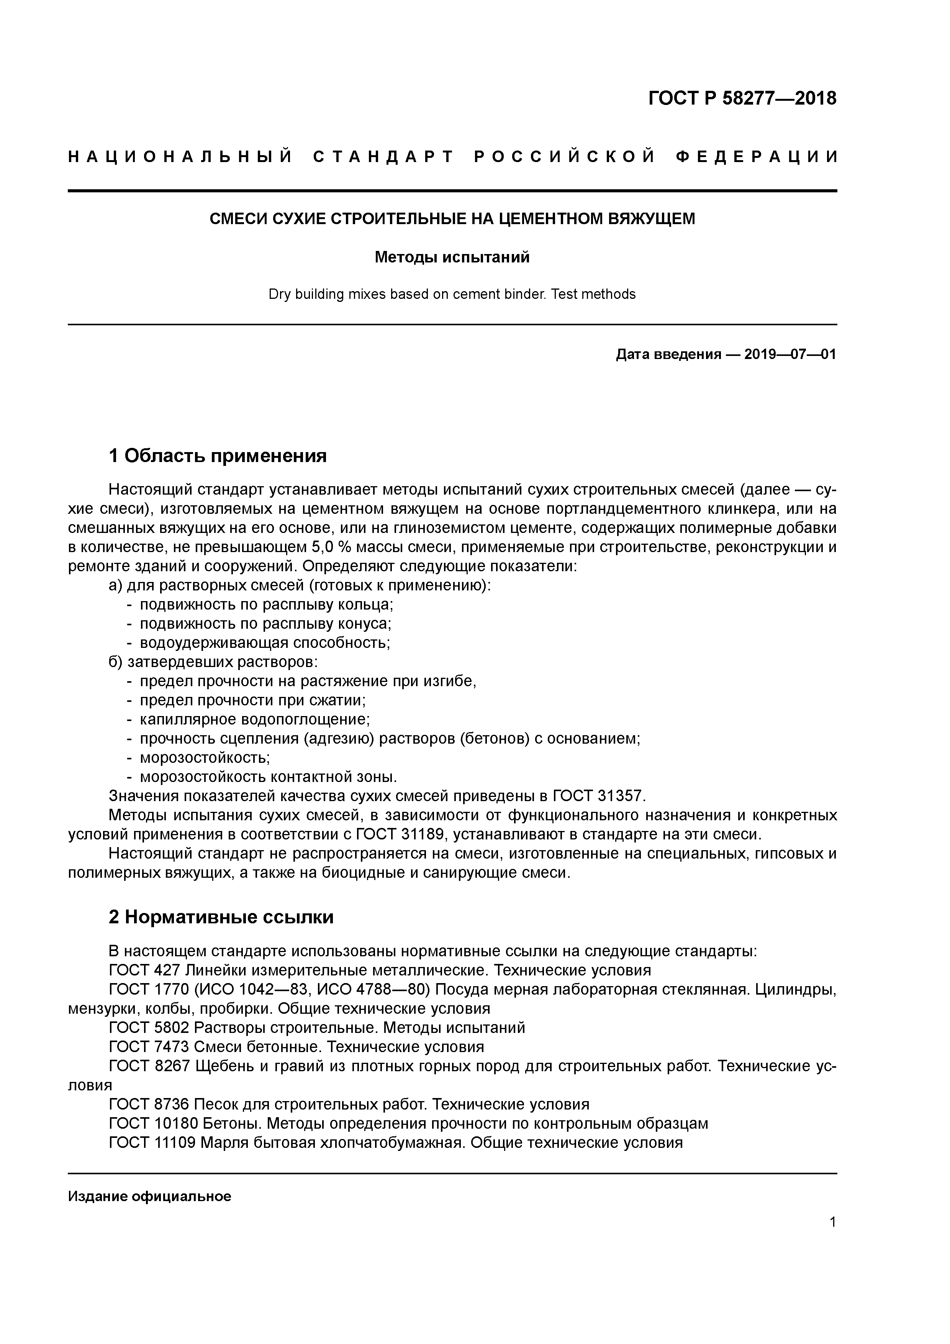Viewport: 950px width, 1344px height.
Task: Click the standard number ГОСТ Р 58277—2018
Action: pyautogui.click(x=742, y=98)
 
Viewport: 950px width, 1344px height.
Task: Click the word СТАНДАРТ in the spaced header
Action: pyautogui.click(x=384, y=157)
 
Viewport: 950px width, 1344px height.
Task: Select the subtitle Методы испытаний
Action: pyautogui.click(x=452, y=257)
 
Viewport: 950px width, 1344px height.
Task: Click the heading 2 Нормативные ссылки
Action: pyautogui.click(x=221, y=917)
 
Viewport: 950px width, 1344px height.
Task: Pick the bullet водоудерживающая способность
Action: pyautogui.click(x=265, y=643)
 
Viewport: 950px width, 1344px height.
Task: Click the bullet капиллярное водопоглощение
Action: pyautogui.click(x=255, y=720)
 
